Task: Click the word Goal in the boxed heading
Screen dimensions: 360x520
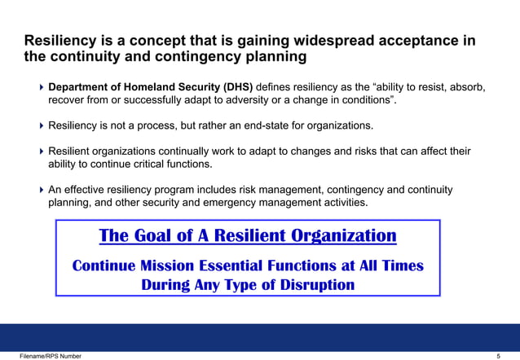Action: (x=154, y=236)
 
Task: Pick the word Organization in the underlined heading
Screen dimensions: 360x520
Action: (x=346, y=236)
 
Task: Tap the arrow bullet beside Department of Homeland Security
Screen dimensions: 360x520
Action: (x=42, y=87)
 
